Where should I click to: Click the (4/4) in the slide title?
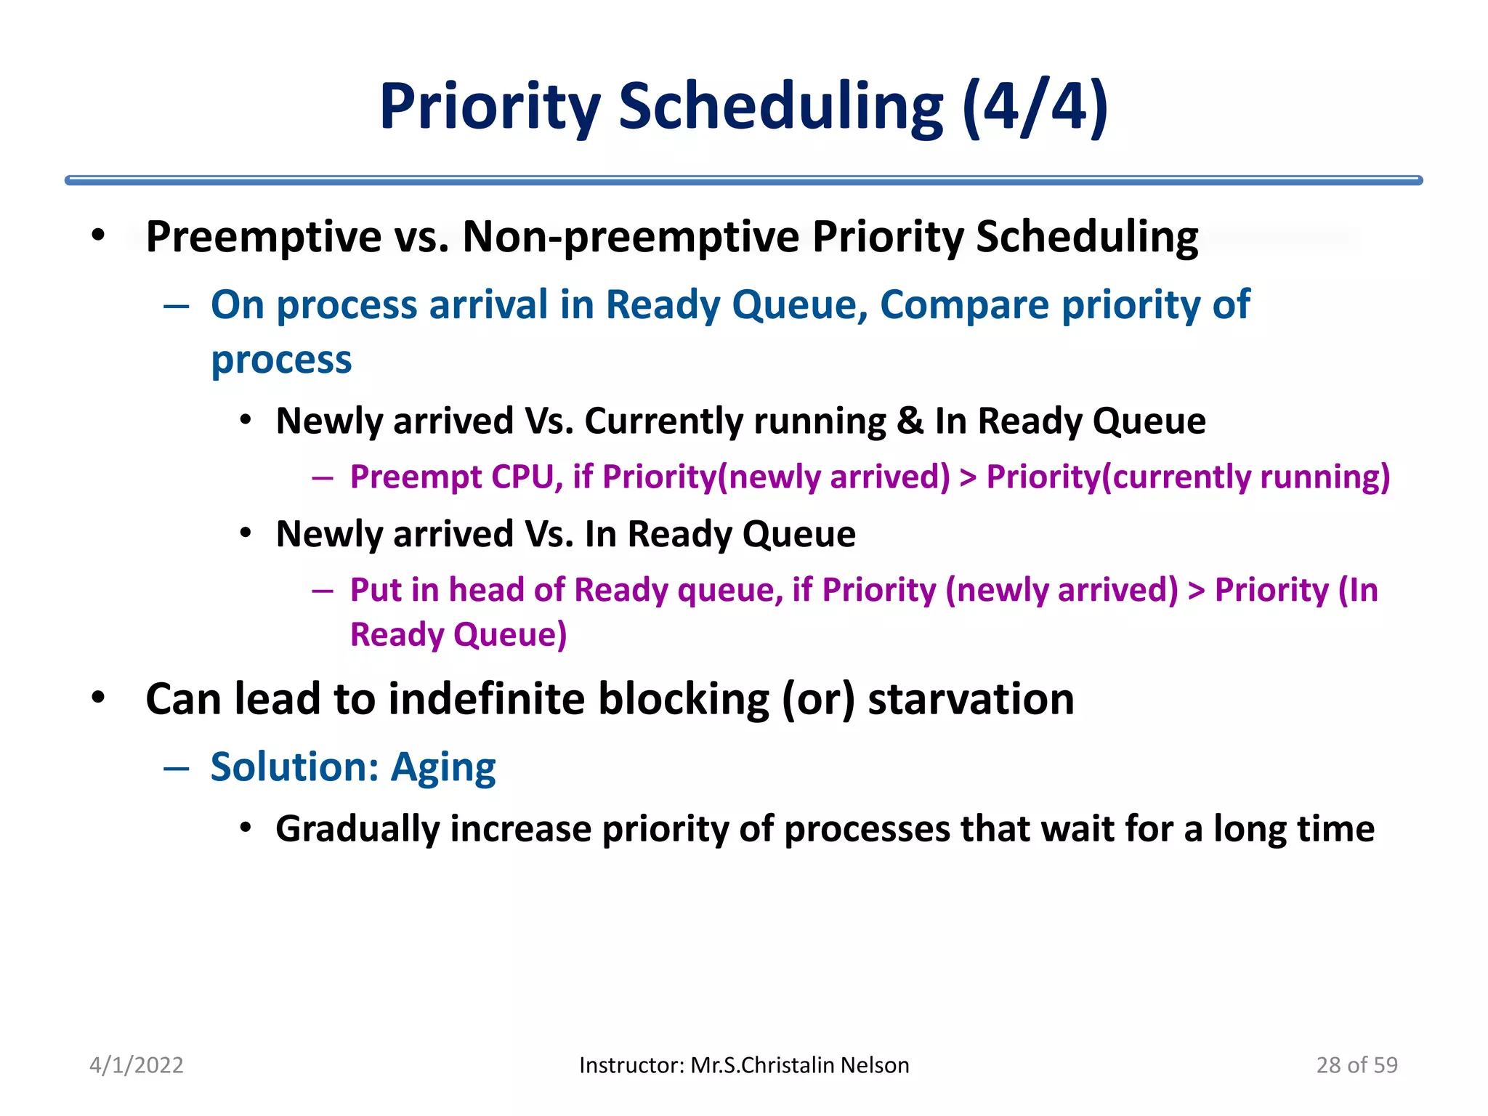(x=1035, y=108)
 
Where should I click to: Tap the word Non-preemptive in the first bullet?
(x=631, y=237)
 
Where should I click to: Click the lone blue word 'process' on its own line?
(x=281, y=360)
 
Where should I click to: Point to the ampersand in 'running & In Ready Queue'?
(x=910, y=421)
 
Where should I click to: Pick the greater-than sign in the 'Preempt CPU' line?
(x=968, y=478)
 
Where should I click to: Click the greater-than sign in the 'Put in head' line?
(x=1196, y=591)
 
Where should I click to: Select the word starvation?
(x=971, y=699)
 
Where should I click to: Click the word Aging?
(x=443, y=767)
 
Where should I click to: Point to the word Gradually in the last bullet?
(x=357, y=829)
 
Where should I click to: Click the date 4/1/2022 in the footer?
(x=136, y=1065)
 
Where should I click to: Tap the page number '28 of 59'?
(x=1356, y=1065)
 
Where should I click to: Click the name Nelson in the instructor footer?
(x=875, y=1065)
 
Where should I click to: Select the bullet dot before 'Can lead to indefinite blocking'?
(x=98, y=698)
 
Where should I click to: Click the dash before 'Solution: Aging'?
(x=177, y=768)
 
